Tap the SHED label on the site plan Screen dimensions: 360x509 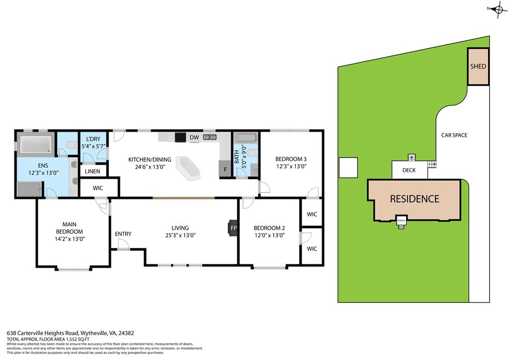[x=478, y=66]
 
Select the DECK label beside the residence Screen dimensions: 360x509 [x=409, y=170]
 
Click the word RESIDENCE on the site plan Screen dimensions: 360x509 [x=414, y=199]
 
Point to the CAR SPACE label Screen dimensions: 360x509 [x=454, y=135]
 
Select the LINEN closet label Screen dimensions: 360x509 [x=92, y=172]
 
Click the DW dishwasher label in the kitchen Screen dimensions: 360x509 [x=194, y=138]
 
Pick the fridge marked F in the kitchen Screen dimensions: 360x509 [x=225, y=170]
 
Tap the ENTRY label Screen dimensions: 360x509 [x=123, y=234]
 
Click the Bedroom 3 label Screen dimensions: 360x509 [x=291, y=159]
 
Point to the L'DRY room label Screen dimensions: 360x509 [x=93, y=139]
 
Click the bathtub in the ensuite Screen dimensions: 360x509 [x=34, y=144]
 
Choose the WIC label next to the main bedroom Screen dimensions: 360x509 [x=98, y=188]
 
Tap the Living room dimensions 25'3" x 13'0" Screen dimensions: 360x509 [x=179, y=236]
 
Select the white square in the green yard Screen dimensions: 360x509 [x=348, y=167]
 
